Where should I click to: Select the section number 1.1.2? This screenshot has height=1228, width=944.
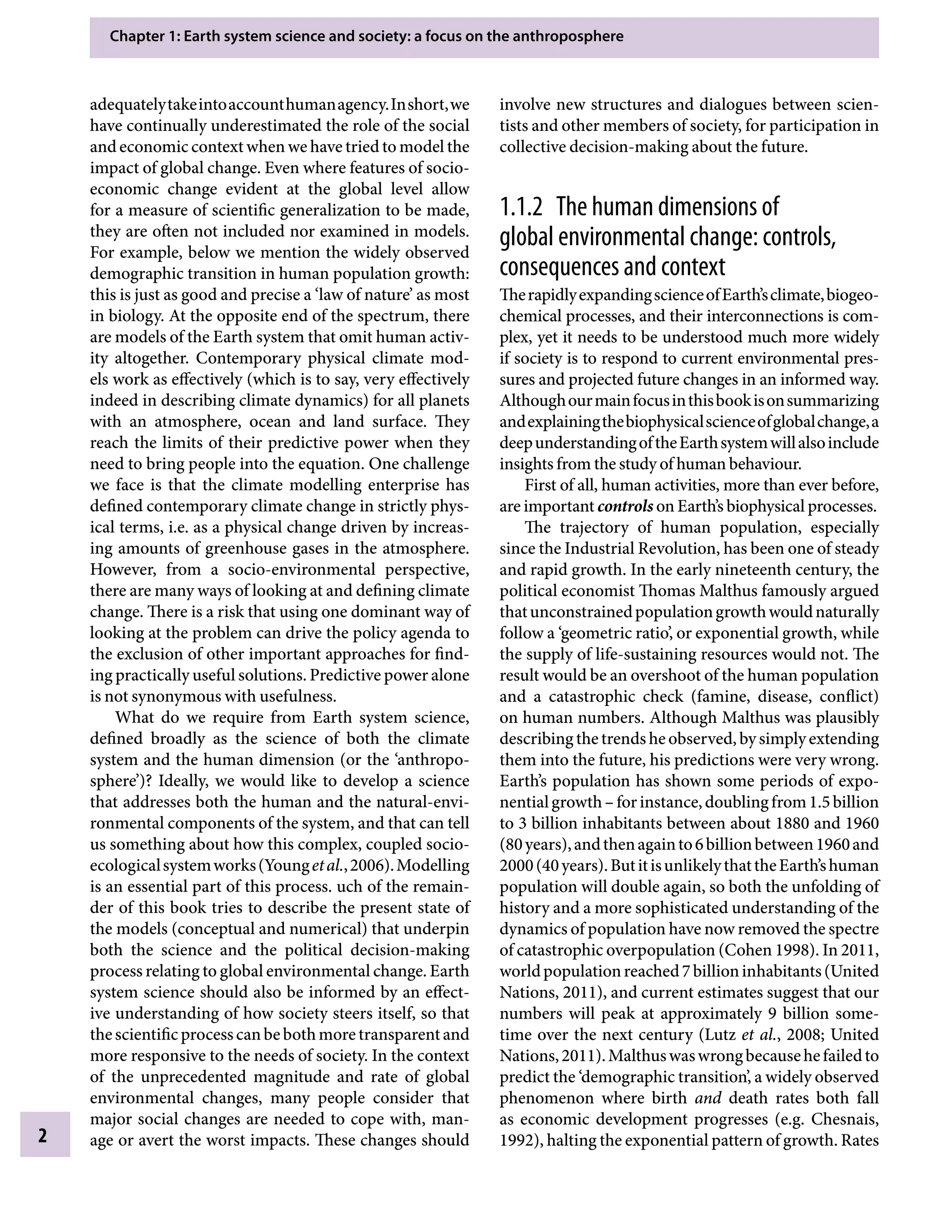tap(521, 208)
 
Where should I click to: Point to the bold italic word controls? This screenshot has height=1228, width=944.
tap(625, 507)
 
